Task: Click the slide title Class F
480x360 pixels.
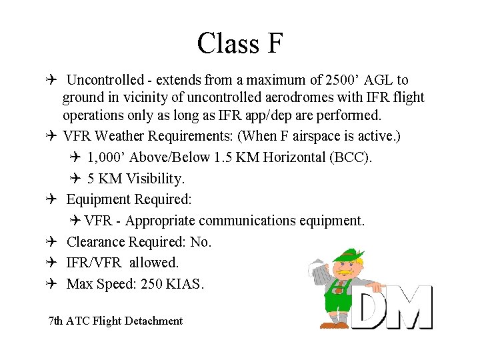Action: pos(240,43)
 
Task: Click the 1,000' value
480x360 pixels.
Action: pos(107,157)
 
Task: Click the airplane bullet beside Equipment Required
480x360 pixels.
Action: pos(52,199)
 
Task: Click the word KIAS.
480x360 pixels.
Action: pos(185,284)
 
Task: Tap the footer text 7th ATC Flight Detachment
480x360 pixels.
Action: pos(115,321)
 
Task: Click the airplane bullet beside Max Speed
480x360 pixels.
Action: pos(52,284)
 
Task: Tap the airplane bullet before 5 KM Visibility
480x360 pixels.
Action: pos(75,179)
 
